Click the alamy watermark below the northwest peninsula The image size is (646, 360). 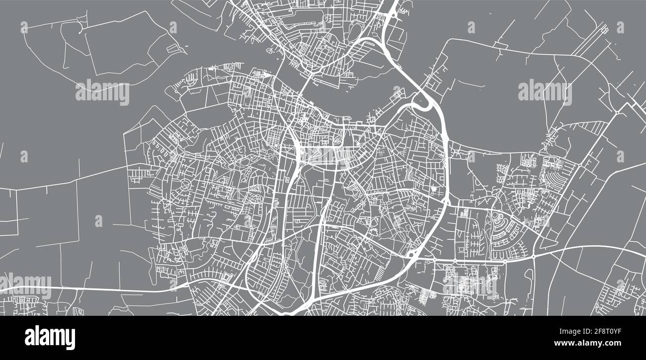(102, 92)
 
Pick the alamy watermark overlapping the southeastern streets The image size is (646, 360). (469, 287)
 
